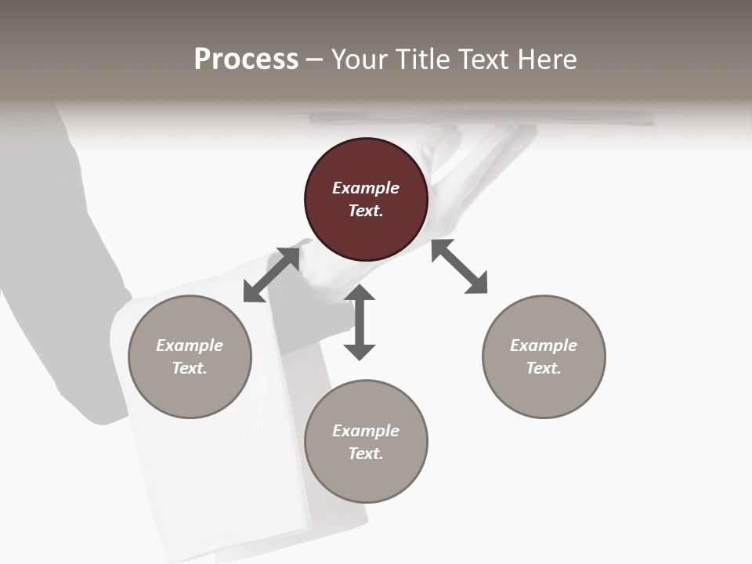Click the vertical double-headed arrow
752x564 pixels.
click(x=360, y=322)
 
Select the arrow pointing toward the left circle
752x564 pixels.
click(x=271, y=274)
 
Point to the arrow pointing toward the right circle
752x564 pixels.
click(x=459, y=266)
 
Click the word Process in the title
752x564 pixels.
click(x=246, y=59)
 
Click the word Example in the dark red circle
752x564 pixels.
click(x=366, y=188)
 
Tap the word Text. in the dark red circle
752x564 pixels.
click(x=366, y=211)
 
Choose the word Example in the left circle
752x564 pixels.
click(x=190, y=345)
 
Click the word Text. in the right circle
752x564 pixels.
click(x=544, y=368)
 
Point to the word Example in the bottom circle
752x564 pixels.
click(x=366, y=431)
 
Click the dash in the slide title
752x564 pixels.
click(x=315, y=60)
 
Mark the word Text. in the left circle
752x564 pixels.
click(x=190, y=368)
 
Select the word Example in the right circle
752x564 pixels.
click(x=544, y=345)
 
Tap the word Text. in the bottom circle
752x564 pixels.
click(x=366, y=454)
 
